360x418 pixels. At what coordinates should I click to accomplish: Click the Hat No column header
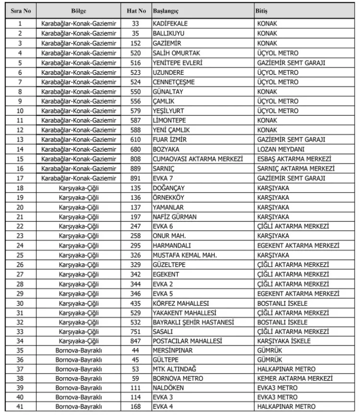coord(135,10)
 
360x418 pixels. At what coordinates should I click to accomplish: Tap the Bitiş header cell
coord(262,10)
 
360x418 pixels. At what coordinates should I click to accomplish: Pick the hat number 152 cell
coord(135,43)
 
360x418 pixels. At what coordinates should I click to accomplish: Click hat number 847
coord(135,341)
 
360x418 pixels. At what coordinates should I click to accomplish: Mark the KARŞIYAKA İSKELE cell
coord(284,341)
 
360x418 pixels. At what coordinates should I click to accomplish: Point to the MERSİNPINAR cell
coord(173,351)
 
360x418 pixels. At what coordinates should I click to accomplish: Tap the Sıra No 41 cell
coord(20,406)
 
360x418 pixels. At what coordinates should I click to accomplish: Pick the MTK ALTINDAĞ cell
coord(174,369)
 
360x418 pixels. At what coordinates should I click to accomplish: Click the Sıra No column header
coord(20,10)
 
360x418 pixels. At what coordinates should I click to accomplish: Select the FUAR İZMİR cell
coord(169,139)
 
